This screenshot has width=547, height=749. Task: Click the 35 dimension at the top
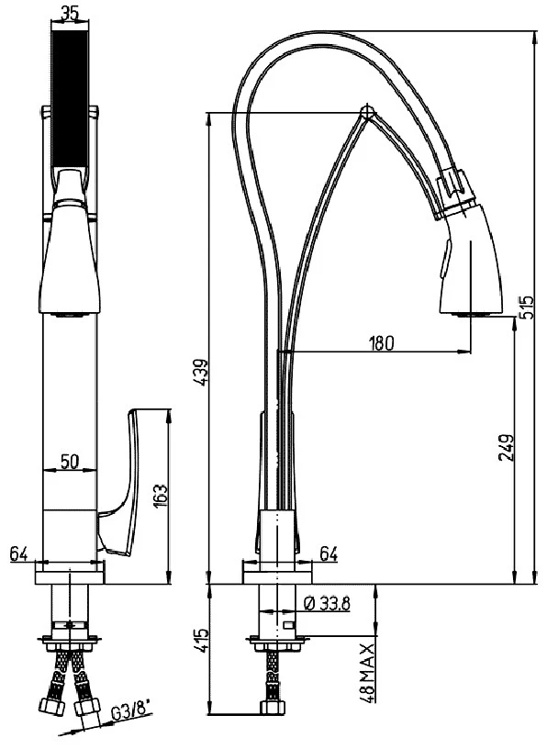tap(70, 14)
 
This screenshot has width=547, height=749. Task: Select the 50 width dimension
tap(70, 462)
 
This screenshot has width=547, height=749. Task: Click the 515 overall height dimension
tap(527, 308)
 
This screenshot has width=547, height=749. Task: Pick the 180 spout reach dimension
tap(381, 343)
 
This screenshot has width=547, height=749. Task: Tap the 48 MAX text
tap(367, 674)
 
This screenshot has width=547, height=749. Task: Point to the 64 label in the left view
tap(19, 554)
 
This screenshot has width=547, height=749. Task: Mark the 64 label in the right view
tap(329, 554)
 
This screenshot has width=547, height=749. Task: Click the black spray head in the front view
tap(70, 99)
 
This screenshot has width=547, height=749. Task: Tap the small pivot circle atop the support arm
tap(367, 113)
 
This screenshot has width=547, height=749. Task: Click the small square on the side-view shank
tap(289, 626)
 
